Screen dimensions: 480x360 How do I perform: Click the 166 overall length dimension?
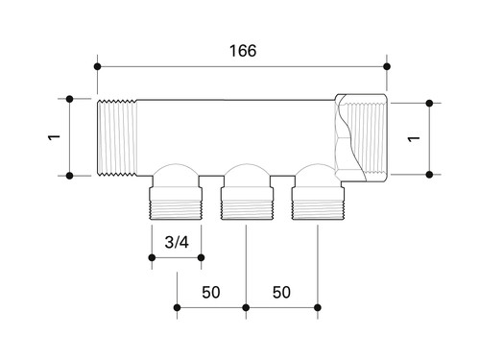243,51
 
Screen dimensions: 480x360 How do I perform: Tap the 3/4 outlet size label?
177,242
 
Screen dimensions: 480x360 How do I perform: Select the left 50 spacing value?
211,292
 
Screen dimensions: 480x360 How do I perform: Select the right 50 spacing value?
281,292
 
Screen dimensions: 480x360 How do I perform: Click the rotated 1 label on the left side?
54,137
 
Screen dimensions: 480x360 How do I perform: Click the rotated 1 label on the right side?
414,138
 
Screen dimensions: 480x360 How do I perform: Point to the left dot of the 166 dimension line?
98,66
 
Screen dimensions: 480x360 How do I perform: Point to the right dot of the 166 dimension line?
387,66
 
